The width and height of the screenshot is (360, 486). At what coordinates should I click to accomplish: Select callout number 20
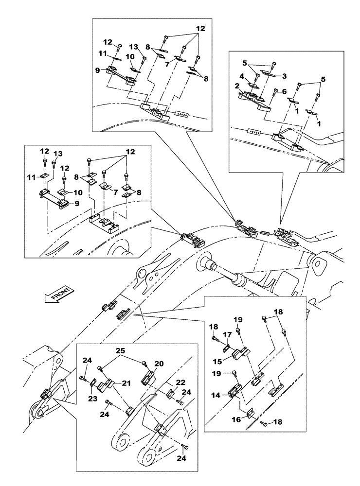[x=159, y=363]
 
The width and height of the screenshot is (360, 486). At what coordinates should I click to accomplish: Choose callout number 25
[x=120, y=350]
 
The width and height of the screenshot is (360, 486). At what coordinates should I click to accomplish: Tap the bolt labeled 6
[x=276, y=92]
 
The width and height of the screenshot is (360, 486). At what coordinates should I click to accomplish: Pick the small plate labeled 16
[x=251, y=414]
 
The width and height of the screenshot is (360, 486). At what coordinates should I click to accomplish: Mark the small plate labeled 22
[x=171, y=393]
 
